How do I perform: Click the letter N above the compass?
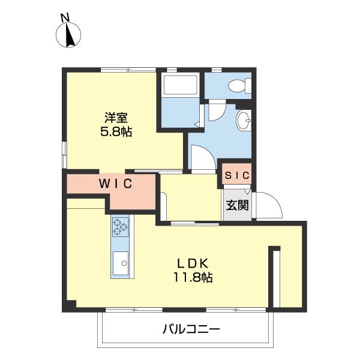(65, 18)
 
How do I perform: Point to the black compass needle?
(70, 35)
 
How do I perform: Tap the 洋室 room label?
(116, 118)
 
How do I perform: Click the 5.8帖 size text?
(116, 131)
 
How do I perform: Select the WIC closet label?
(116, 183)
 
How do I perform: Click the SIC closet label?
(237, 176)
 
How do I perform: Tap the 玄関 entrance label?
(238, 205)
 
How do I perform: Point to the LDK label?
(193, 263)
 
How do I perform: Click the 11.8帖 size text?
(193, 277)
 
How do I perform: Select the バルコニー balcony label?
(191, 329)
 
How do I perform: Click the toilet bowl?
(239, 86)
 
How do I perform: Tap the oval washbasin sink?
(244, 120)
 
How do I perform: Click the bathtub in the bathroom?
(181, 85)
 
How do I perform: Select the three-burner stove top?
(121, 227)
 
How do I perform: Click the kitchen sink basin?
(121, 263)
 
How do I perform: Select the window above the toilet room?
(217, 70)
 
